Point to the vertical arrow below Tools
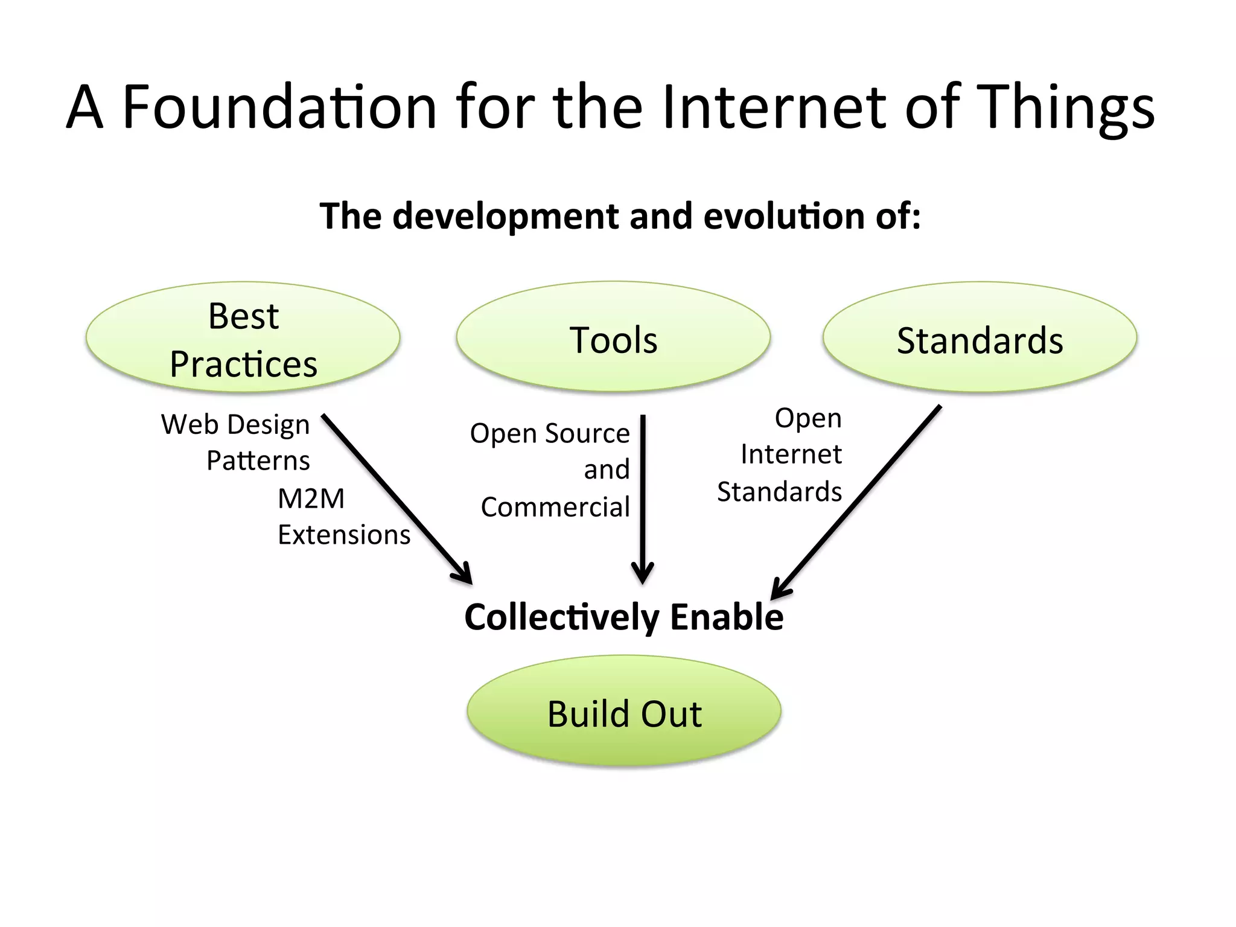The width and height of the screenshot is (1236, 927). tap(643, 495)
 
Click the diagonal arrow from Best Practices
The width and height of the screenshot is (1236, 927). tap(395, 498)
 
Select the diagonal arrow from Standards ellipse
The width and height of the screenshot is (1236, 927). tap(857, 501)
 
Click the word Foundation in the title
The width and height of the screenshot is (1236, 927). tap(279, 107)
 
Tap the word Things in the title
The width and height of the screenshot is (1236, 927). tap(1065, 107)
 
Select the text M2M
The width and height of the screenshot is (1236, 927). tap(311, 499)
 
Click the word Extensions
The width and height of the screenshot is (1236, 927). tap(344, 535)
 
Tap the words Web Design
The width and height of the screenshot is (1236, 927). tap(235, 425)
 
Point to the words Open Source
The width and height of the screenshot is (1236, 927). tap(550, 433)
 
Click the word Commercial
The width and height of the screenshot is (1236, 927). tap(555, 508)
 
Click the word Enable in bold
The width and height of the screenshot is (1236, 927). tap(727, 617)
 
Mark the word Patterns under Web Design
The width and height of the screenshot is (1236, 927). tap(258, 461)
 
